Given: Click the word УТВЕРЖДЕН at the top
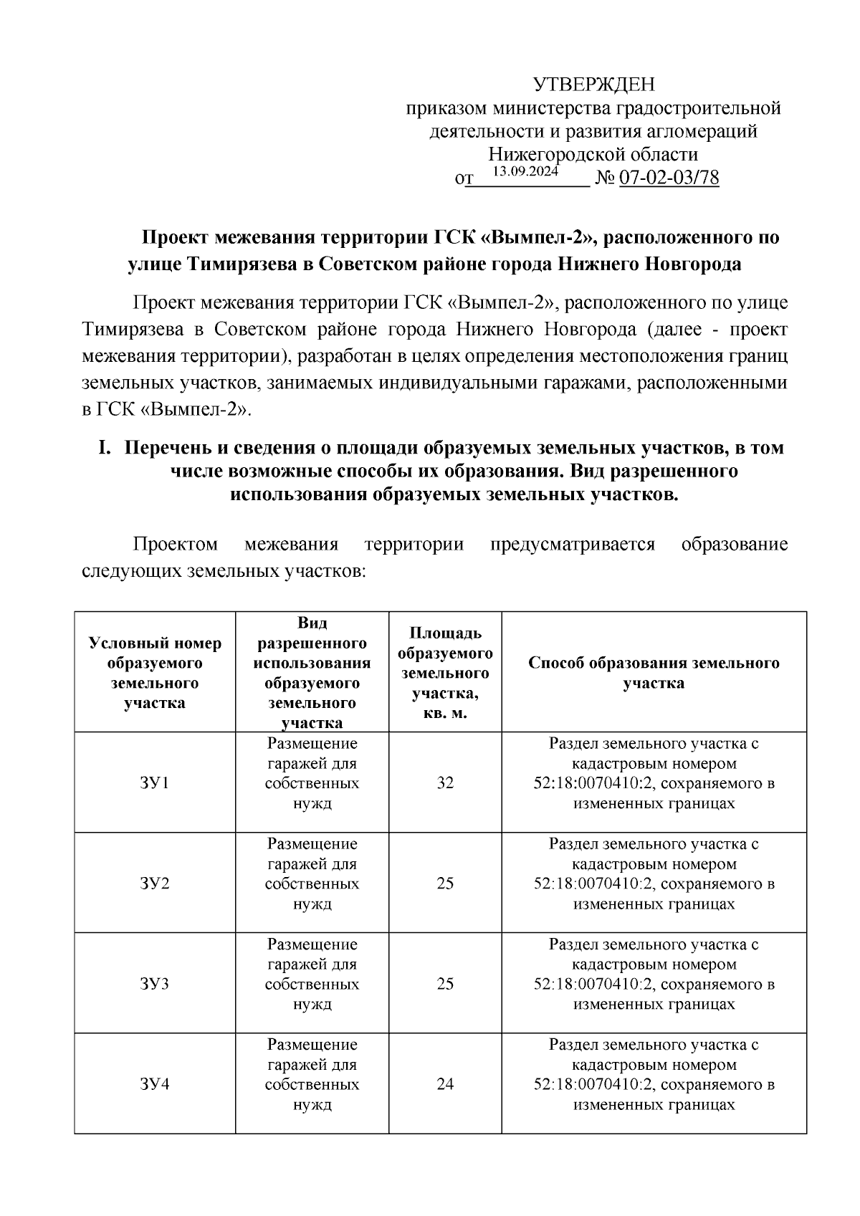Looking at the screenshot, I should pyautogui.click(x=594, y=85).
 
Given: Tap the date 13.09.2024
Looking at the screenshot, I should pyautogui.click(x=526, y=171).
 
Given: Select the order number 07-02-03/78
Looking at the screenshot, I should pyautogui.click(x=668, y=178).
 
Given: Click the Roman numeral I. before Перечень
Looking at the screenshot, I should pyautogui.click(x=105, y=448).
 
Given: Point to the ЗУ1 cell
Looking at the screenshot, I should pyautogui.click(x=155, y=782).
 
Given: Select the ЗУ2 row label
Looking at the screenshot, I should pyautogui.click(x=155, y=883).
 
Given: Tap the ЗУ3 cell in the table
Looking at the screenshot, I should pyautogui.click(x=155, y=983).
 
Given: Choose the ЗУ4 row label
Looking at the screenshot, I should pyautogui.click(x=155, y=1083).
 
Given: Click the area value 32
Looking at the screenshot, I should pyautogui.click(x=445, y=782).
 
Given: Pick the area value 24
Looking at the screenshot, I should pyautogui.click(x=445, y=1083).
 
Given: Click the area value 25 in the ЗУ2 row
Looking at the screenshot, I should pyautogui.click(x=445, y=883).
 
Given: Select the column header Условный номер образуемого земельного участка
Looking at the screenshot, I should pyautogui.click(x=155, y=673).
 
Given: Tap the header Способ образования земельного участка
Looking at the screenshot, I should pyautogui.click(x=654, y=673).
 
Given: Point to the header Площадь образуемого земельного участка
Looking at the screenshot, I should pyautogui.click(x=445, y=673).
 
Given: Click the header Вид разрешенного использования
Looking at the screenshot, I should pyautogui.click(x=312, y=673).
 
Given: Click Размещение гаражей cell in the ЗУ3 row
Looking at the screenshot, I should pyautogui.click(x=312, y=983).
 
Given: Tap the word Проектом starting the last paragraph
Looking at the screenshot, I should pyautogui.click(x=176, y=545).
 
